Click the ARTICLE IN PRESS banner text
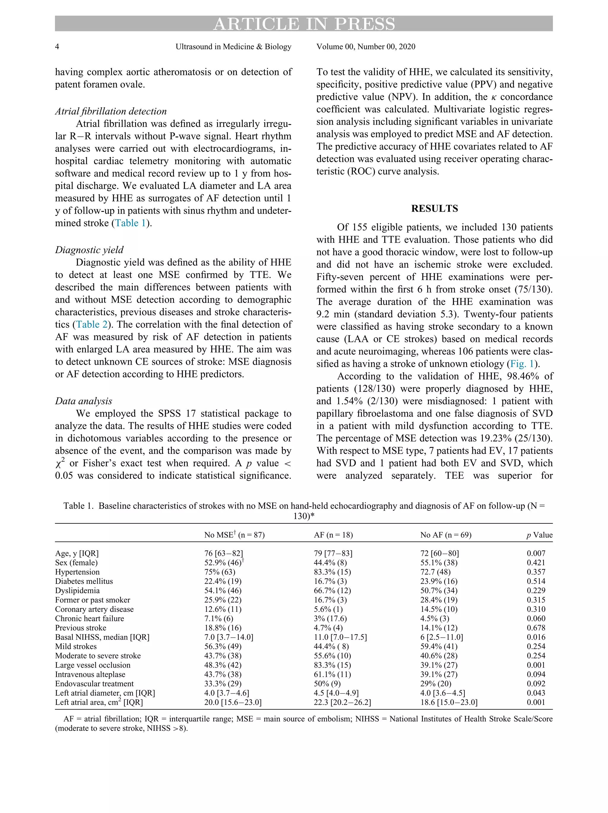(304, 24)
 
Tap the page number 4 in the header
(57, 47)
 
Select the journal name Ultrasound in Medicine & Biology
(233, 47)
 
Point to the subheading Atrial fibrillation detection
(111, 111)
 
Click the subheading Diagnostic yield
(89, 250)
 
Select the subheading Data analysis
(83, 401)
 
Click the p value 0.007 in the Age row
(536, 553)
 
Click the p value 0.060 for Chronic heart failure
(536, 619)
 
